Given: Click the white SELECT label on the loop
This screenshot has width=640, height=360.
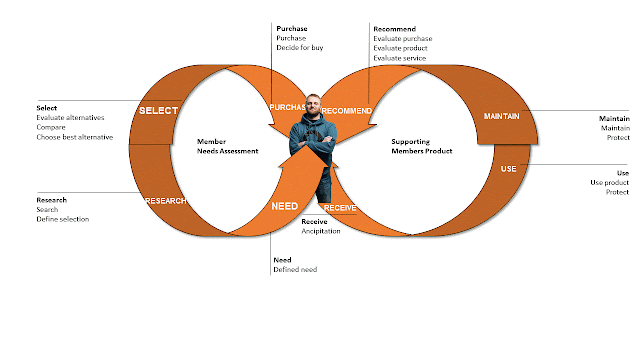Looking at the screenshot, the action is (158, 111).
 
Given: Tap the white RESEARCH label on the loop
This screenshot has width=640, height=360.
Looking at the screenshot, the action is (166, 201).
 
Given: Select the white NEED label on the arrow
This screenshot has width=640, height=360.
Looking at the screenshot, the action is (284, 206).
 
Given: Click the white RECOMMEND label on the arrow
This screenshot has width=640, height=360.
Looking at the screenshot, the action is (347, 111).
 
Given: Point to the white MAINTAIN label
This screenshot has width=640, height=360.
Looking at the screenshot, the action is (502, 116).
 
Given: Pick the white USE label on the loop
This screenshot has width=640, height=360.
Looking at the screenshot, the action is (509, 169).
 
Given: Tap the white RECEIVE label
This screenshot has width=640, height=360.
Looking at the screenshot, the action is (340, 208).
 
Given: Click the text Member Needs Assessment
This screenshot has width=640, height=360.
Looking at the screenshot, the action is (227, 146).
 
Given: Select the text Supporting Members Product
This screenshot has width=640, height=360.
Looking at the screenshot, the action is (422, 146).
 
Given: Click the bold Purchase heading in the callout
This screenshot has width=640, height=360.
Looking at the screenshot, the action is (292, 29).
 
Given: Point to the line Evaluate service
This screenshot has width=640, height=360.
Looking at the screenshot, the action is (400, 58).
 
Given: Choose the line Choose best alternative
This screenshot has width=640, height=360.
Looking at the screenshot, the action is (75, 137).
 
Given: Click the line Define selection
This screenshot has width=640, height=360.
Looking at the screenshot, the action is (62, 219).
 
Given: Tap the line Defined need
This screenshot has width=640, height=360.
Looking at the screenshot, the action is (295, 269).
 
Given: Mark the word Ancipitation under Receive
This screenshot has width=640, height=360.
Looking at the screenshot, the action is (321, 231).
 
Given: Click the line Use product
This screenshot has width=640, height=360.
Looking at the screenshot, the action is (609, 182).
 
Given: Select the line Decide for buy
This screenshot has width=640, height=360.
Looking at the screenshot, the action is (300, 48).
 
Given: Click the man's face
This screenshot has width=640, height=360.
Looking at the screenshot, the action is (313, 105).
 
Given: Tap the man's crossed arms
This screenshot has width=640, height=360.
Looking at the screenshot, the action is (313, 140).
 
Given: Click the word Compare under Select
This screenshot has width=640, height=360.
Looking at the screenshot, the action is (51, 127).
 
